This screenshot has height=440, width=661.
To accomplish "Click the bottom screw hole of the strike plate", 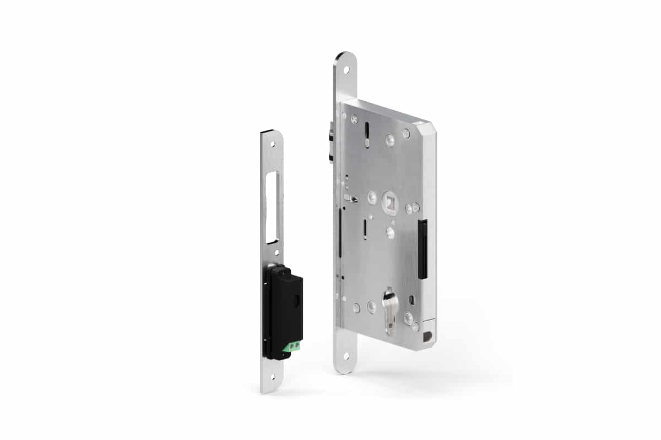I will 272,377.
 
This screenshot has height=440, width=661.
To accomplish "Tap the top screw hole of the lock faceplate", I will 346,70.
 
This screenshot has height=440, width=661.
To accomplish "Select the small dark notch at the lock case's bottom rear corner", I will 429,334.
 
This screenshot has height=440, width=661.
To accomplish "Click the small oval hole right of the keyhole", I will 412,299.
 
